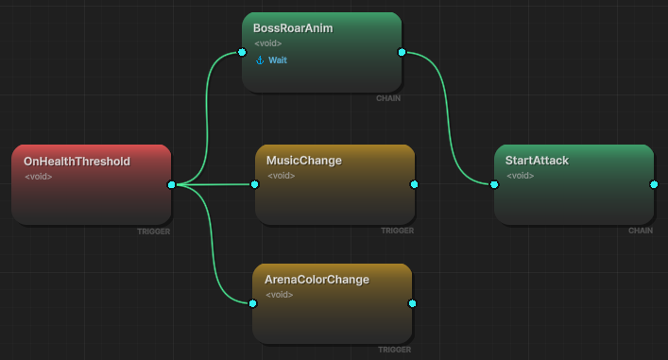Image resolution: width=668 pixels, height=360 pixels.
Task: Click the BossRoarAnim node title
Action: (293, 28)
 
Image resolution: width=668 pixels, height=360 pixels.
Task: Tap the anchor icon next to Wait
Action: (260, 60)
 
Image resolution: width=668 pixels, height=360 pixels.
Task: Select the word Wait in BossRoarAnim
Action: (278, 60)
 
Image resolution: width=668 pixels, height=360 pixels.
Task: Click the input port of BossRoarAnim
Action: (242, 52)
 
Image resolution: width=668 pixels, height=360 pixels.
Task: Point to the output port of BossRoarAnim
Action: (402, 52)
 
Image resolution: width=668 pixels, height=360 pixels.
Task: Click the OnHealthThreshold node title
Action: (77, 162)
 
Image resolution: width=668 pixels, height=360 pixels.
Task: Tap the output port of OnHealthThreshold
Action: (171, 184)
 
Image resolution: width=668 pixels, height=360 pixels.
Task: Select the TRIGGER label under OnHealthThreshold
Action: (153, 231)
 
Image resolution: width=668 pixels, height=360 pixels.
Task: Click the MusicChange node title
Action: (303, 161)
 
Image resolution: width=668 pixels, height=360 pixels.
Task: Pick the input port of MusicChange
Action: (255, 184)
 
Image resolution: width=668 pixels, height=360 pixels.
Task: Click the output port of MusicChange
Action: (414, 184)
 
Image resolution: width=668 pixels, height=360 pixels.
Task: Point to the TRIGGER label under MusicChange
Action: (397, 231)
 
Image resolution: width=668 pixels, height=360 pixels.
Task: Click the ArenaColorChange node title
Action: (317, 280)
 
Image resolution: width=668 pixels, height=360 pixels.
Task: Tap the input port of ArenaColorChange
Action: (252, 303)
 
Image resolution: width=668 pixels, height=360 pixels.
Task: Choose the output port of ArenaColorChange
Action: (412, 303)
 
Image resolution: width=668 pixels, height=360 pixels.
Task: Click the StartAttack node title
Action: (537, 161)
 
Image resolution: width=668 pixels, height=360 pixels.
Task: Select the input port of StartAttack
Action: (494, 184)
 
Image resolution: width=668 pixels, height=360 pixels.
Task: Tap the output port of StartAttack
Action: (654, 184)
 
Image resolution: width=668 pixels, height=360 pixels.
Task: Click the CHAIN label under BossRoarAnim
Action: (388, 98)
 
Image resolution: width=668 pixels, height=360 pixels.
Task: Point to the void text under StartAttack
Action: (521, 176)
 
